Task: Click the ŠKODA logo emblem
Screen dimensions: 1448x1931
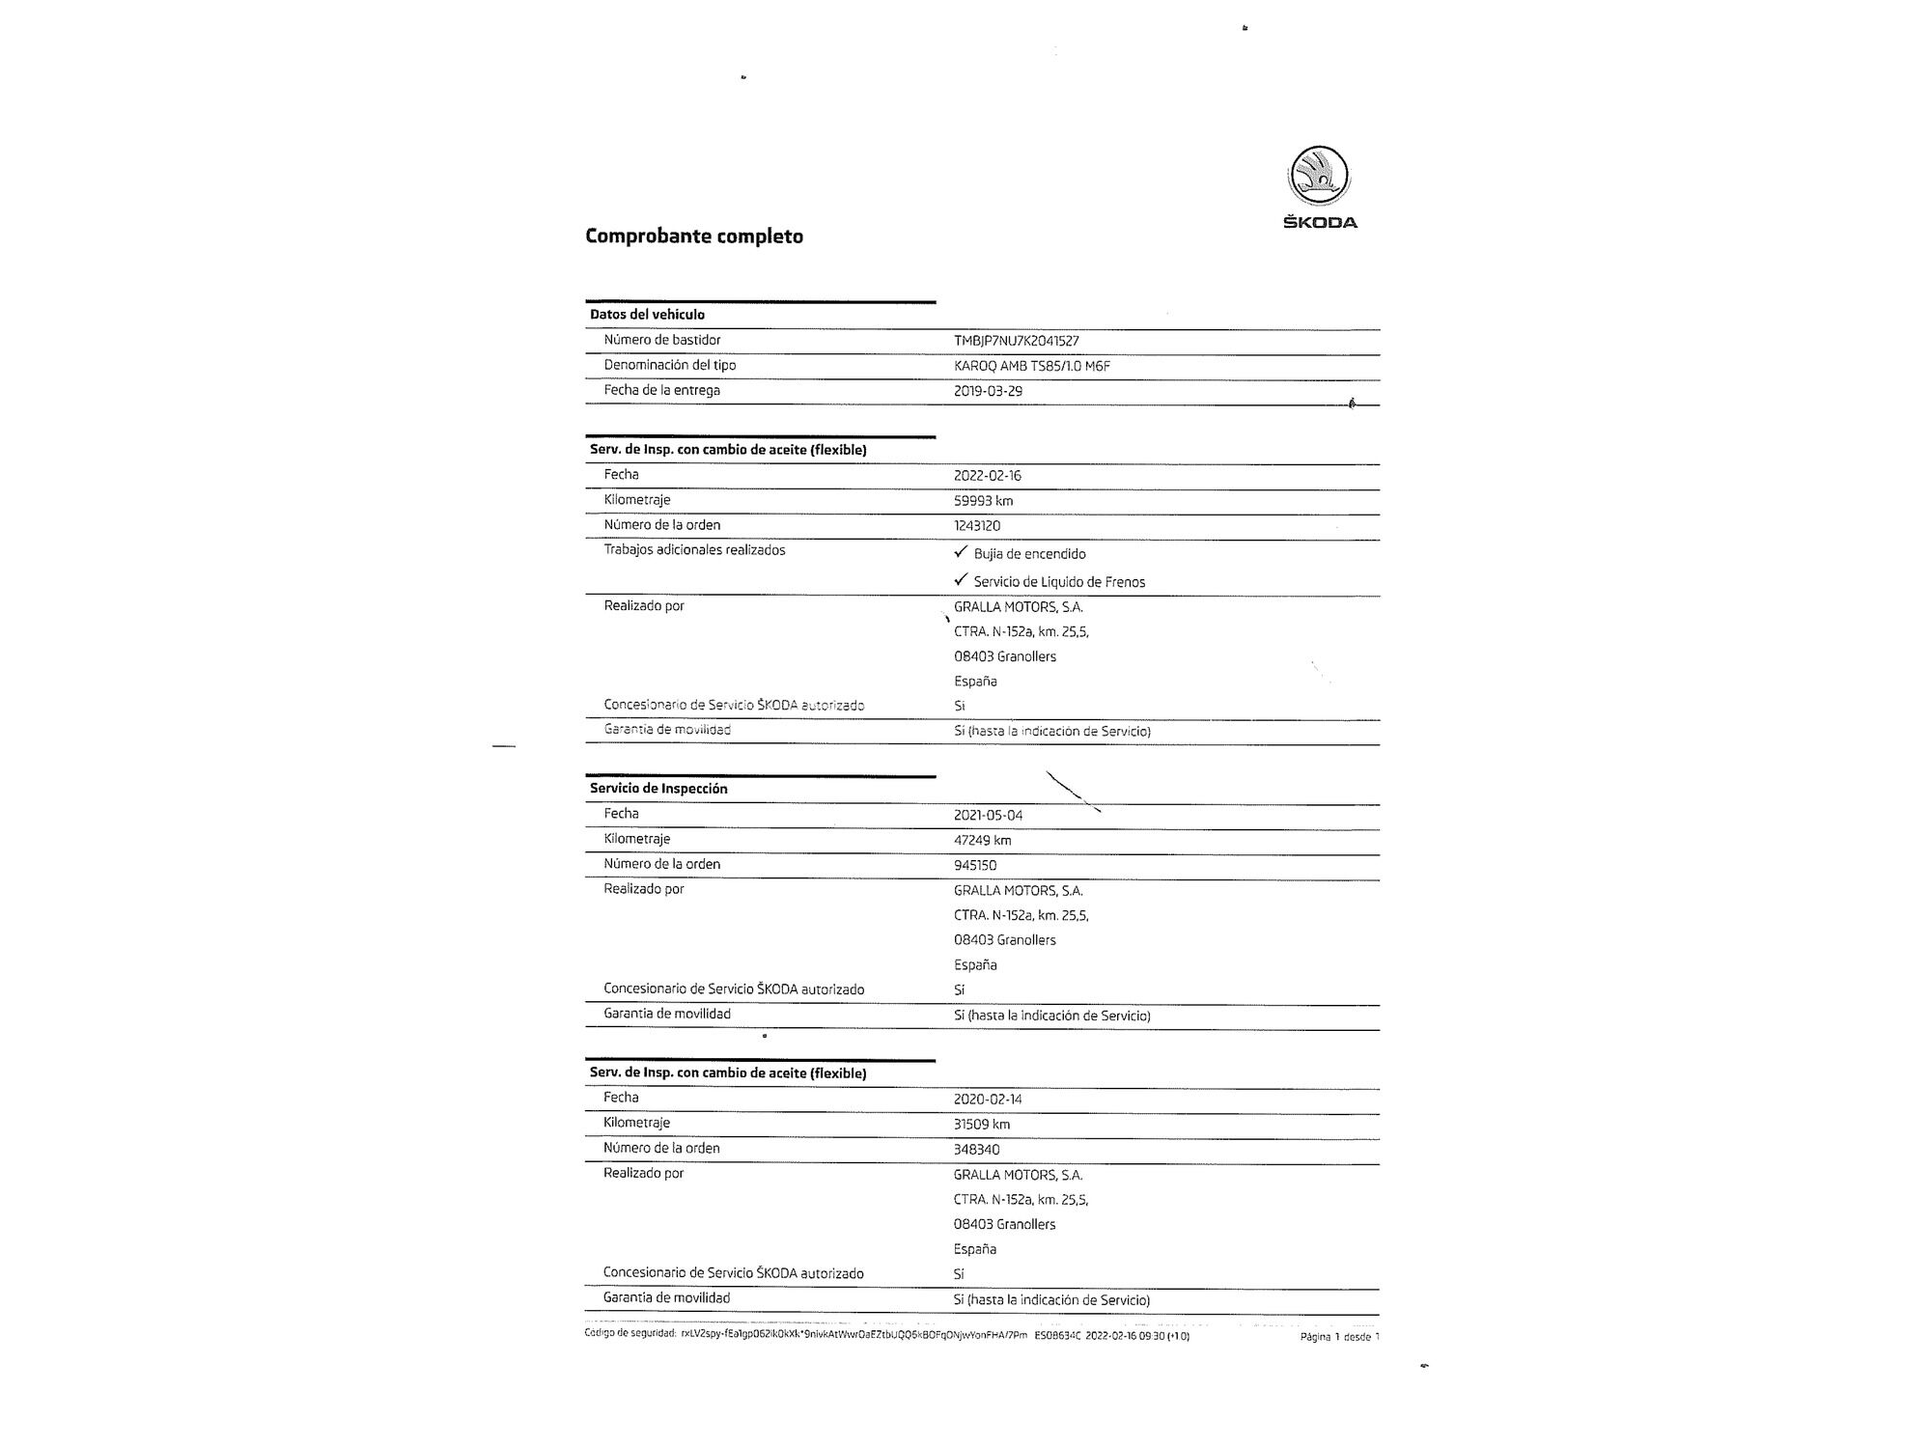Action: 1319,177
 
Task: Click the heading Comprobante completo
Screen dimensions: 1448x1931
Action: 694,237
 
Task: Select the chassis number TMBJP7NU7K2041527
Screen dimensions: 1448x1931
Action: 1016,341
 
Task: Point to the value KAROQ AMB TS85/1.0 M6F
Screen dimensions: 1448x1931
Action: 1031,366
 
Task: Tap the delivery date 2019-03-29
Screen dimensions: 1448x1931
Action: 988,391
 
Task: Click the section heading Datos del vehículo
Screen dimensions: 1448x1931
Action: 647,315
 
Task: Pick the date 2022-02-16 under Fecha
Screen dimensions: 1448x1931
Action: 987,475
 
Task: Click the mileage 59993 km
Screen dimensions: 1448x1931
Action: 983,500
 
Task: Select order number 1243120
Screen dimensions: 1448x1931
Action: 976,526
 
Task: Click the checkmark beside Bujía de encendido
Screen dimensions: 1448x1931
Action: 960,552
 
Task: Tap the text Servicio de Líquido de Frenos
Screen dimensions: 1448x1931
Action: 1059,582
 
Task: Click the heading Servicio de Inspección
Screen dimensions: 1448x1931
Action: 658,789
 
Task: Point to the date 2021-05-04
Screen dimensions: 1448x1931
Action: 988,815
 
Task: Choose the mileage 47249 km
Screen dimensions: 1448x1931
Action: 982,840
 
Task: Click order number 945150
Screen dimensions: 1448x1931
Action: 974,865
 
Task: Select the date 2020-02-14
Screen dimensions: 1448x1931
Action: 987,1099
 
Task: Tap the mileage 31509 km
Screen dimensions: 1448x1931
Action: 981,1124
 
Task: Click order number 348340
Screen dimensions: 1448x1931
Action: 976,1150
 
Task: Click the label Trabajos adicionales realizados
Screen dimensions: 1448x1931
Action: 694,550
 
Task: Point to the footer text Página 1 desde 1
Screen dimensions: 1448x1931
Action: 1339,1337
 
